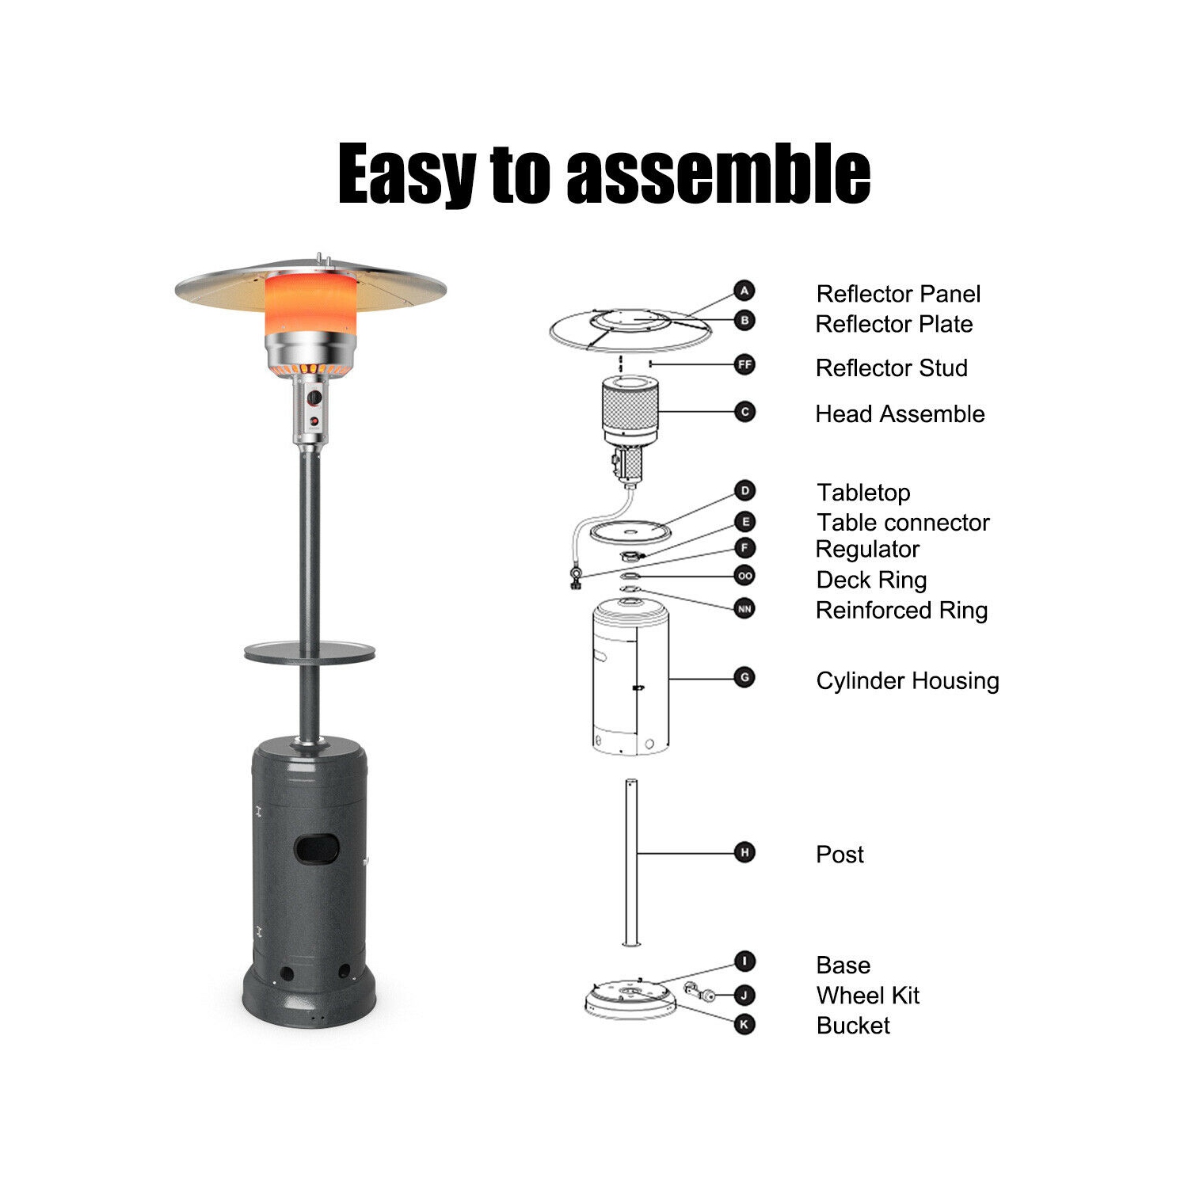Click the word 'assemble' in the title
[x=718, y=174]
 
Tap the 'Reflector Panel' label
[x=898, y=294]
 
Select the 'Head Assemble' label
[x=900, y=413]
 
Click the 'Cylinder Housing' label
[x=908, y=680]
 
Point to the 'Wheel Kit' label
[x=867, y=995]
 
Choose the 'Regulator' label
[x=867, y=549]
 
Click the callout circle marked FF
[x=744, y=364]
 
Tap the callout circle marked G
[x=744, y=677]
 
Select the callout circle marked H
[x=744, y=852]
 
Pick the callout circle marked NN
[x=744, y=608]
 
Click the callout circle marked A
[x=744, y=291]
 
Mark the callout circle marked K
[x=744, y=1024]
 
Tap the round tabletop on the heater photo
[x=310, y=653]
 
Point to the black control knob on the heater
[x=314, y=398]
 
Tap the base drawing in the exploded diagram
[x=630, y=1000]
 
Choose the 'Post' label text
[x=840, y=854]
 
